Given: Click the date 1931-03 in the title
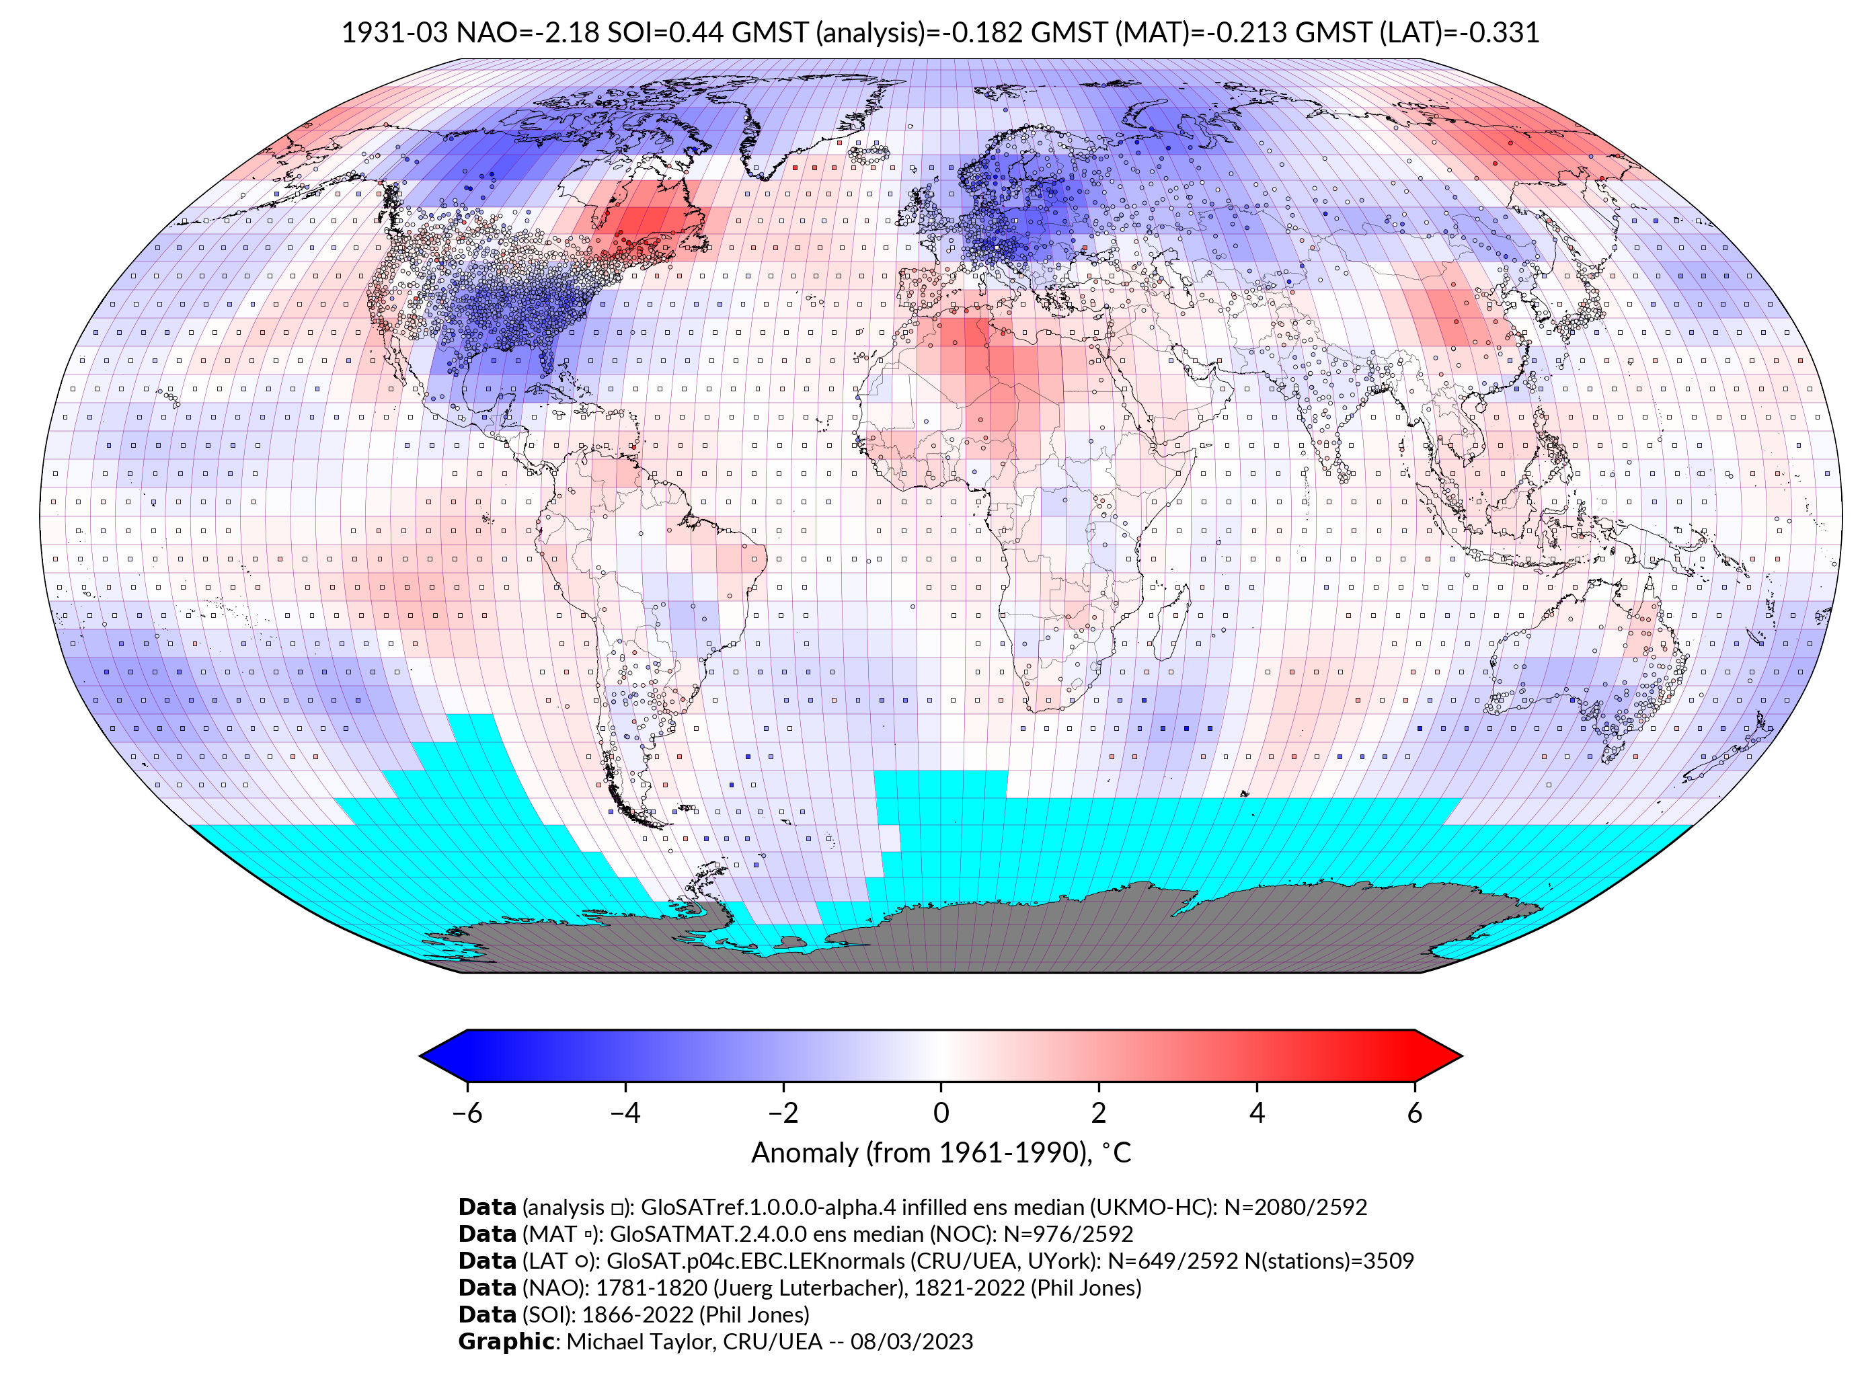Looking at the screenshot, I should coord(394,33).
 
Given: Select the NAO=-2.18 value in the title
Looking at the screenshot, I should coord(527,33).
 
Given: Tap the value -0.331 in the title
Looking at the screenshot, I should coord(1504,33).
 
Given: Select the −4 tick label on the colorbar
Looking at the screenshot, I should coord(625,1113).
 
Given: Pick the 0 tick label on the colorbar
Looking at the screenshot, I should coord(941,1113).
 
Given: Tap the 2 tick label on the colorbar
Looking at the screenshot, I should coord(1099,1113).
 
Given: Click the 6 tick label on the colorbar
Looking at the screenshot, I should coord(1414,1113).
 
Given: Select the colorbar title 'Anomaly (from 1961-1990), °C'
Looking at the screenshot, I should coord(941,1153).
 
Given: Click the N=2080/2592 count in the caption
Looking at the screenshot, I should coord(1295,1208).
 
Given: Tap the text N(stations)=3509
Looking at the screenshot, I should coord(1329,1261).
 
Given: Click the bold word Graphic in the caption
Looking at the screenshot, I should coord(506,1341).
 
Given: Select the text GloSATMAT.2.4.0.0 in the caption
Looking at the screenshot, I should coord(708,1234).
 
